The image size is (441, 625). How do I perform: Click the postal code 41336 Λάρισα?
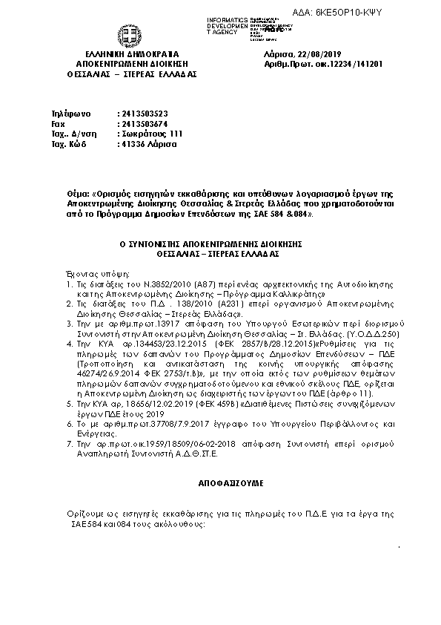coord(148,145)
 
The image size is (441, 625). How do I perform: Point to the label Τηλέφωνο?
coord(70,114)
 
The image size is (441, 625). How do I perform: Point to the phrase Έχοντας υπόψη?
coord(88,273)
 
